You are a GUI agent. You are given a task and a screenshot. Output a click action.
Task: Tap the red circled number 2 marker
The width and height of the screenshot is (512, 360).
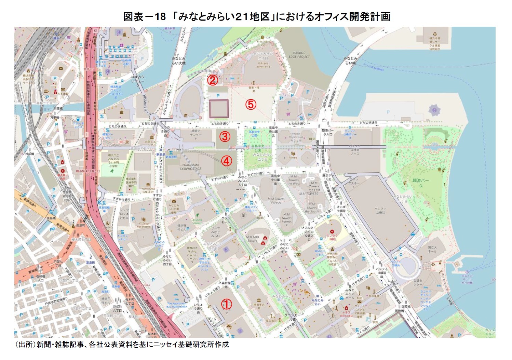coord(212,80)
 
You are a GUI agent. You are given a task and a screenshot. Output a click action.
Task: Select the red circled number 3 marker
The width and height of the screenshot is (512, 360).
coord(225,137)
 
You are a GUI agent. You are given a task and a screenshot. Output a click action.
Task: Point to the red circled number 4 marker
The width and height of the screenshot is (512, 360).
coord(227,161)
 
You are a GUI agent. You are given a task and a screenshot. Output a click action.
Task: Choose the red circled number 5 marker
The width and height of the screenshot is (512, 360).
coord(251,104)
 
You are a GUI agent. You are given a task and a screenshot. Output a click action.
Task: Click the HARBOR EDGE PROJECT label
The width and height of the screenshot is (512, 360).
coord(299,55)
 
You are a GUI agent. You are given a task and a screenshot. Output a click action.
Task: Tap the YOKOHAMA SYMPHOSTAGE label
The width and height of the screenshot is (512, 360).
coord(191,166)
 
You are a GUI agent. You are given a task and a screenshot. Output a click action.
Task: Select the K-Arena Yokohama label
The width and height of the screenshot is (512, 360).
coord(263,65)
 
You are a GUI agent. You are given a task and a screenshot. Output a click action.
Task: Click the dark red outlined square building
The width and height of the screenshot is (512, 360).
coord(219,109)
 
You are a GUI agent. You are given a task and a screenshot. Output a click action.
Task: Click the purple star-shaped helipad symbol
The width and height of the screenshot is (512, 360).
coord(434,110)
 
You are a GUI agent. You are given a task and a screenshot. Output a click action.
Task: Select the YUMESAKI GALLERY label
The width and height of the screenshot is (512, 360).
coord(148,190)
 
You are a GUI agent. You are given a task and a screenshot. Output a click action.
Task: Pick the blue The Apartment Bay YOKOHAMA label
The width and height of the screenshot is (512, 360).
coord(177,305)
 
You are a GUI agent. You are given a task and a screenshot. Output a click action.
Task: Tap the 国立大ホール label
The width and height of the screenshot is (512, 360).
coord(432,249)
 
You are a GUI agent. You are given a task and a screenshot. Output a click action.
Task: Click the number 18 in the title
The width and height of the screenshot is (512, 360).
coord(160,16)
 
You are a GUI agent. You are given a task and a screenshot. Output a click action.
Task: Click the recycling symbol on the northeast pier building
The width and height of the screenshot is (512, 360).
coord(435,34)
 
